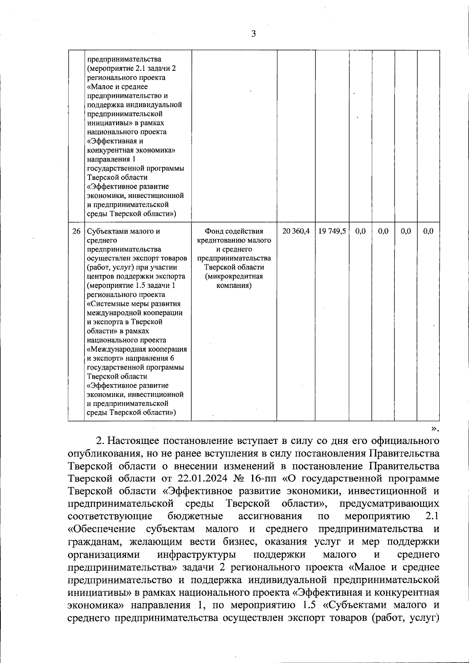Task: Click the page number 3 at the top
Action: (253, 34)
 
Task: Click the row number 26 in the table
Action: (76, 231)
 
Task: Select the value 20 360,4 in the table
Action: (296, 231)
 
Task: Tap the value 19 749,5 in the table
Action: (332, 231)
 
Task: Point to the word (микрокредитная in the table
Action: (234, 277)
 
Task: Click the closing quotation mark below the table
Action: (434, 428)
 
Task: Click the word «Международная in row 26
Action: (111, 349)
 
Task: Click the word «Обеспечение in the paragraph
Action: (102, 529)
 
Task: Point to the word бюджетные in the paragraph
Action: (195, 517)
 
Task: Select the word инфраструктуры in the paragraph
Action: (197, 555)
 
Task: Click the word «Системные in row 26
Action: (105, 304)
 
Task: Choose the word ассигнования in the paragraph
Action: (270, 517)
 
